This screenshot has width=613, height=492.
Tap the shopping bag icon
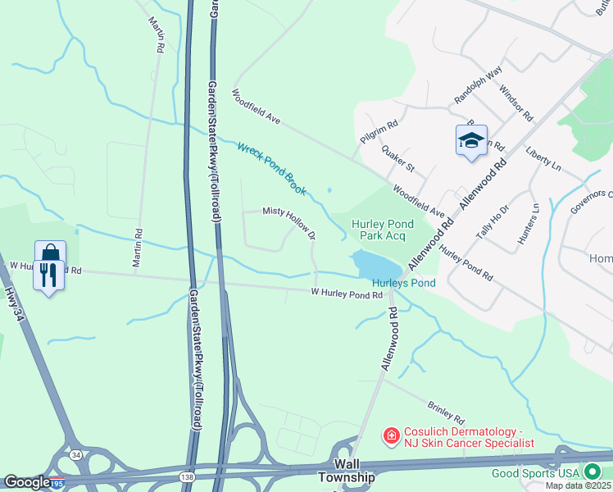(x=50, y=253)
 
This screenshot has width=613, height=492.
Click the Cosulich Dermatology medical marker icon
(x=392, y=435)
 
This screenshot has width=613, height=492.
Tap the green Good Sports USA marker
(x=592, y=472)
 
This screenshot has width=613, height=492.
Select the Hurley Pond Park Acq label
(x=383, y=229)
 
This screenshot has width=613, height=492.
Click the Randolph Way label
(x=478, y=85)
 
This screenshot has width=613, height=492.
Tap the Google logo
(x=27, y=482)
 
